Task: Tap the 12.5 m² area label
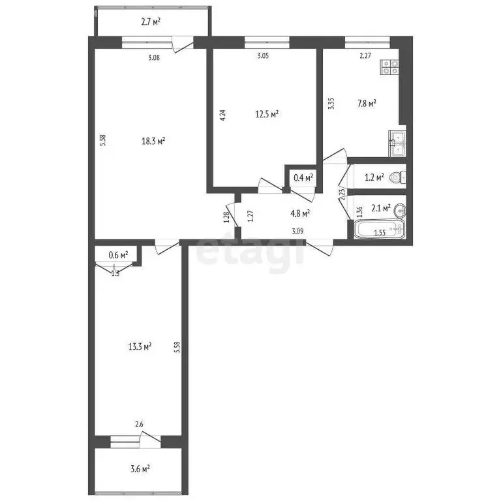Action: (x=267, y=114)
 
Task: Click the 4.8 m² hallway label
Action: (x=299, y=212)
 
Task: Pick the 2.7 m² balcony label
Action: (x=151, y=22)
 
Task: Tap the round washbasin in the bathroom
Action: (x=401, y=209)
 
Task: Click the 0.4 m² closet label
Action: (x=303, y=177)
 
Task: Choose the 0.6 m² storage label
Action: (x=118, y=254)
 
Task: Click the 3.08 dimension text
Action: (x=154, y=57)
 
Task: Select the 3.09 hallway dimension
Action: (x=297, y=230)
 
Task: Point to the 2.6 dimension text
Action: (x=139, y=425)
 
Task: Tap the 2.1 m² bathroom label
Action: (x=380, y=208)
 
